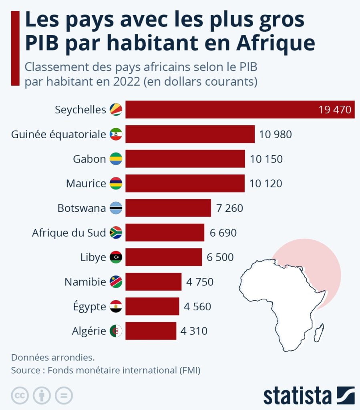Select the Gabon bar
coord(185,159)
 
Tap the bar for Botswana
coord(168,208)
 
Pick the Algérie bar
coord(151,331)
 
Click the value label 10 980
coord(276,134)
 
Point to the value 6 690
coord(223,233)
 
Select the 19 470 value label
coord(335,109)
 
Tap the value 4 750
coord(200,282)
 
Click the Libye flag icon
coord(116,257)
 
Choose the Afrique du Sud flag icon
coord(116,233)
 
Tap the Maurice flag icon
coord(116,184)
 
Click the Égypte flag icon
coord(116,307)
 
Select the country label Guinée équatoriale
coord(58,134)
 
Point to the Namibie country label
coord(85,282)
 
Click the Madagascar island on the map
coord(319,333)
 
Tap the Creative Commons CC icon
coord(20,396)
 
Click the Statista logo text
coord(298,396)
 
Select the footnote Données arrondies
coord(53,357)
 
